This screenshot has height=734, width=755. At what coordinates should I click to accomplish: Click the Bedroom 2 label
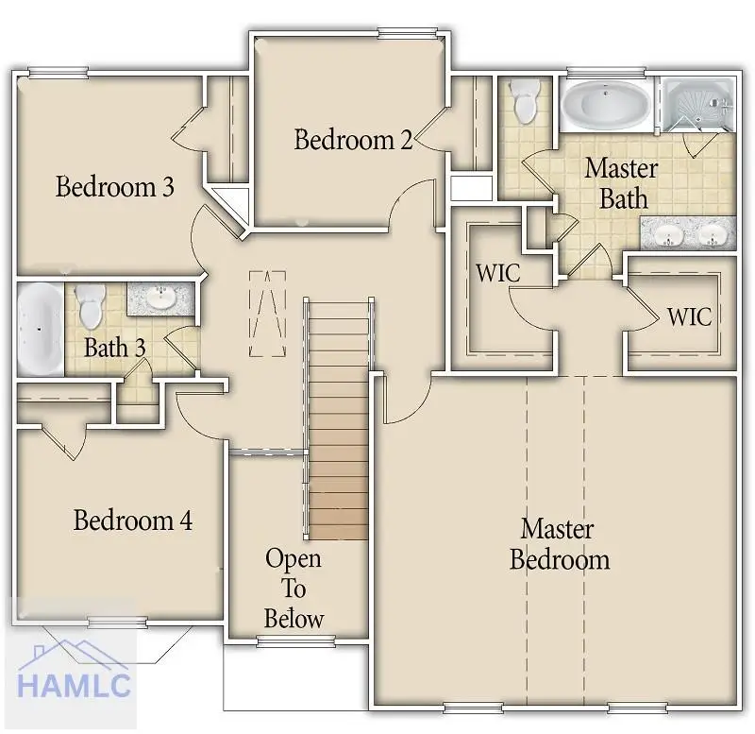[x=353, y=140]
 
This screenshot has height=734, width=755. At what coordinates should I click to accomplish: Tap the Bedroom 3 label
[x=114, y=186]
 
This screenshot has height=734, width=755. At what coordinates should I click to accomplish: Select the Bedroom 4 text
[x=133, y=520]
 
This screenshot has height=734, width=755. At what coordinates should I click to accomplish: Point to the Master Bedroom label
[x=559, y=543]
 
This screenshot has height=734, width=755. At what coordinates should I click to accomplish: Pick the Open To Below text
[x=294, y=589]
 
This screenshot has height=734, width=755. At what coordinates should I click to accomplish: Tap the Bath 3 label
[x=114, y=347]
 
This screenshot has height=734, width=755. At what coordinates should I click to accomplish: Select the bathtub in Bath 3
[x=39, y=330]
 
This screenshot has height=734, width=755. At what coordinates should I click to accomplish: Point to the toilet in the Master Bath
[x=524, y=101]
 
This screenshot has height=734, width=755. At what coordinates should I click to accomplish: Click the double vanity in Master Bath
[x=688, y=233]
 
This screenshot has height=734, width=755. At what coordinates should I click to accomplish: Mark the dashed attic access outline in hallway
[x=267, y=314]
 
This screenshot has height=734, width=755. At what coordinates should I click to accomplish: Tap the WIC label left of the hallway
[x=498, y=274]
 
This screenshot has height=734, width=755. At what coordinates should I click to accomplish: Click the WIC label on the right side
[x=689, y=316]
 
